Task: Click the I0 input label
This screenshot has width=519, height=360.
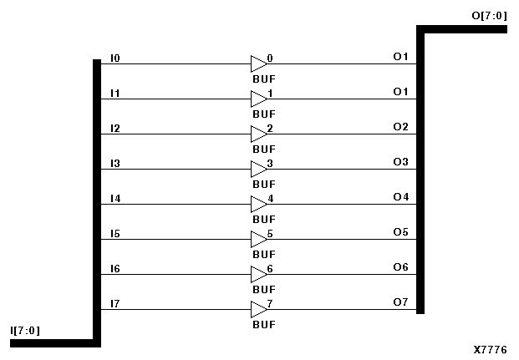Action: tap(115, 58)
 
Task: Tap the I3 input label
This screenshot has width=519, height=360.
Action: tap(115, 163)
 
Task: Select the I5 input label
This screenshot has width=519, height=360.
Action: tap(115, 233)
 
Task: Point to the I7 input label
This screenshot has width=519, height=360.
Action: tap(115, 303)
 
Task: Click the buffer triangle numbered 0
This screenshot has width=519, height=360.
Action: tap(257, 64)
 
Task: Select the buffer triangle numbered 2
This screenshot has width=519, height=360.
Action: tap(257, 134)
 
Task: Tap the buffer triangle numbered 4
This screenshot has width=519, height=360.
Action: tap(257, 205)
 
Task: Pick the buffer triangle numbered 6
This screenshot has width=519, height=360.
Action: tap(257, 275)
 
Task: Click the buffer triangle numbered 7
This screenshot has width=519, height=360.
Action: tap(257, 310)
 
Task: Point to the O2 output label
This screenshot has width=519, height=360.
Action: tap(400, 127)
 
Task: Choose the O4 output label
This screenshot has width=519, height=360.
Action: tap(400, 197)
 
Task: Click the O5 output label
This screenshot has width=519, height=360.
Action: tap(400, 232)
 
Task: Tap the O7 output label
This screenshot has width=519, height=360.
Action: tap(400, 302)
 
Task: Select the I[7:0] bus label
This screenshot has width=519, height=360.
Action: tap(25, 331)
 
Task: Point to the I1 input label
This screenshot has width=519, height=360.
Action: tap(115, 93)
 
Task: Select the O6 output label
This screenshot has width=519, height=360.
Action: tap(400, 267)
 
